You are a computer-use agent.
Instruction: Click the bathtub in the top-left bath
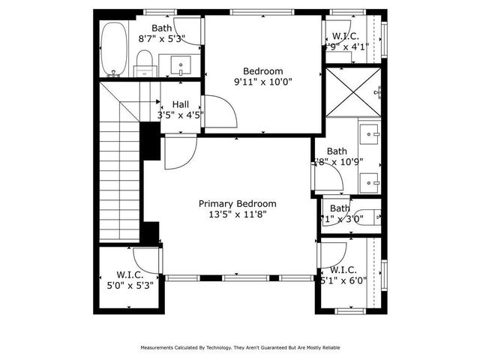(114, 49)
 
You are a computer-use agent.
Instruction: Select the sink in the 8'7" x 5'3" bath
(181, 64)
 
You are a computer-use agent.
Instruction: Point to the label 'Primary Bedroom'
(237, 203)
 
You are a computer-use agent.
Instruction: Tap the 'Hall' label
(180, 105)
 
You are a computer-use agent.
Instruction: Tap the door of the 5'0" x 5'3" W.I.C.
(148, 259)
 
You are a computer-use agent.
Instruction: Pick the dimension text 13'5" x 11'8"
(237, 214)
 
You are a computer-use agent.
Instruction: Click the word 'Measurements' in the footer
(160, 348)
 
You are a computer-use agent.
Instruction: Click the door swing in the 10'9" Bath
(330, 178)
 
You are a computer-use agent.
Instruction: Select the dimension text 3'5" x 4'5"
(180, 115)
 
